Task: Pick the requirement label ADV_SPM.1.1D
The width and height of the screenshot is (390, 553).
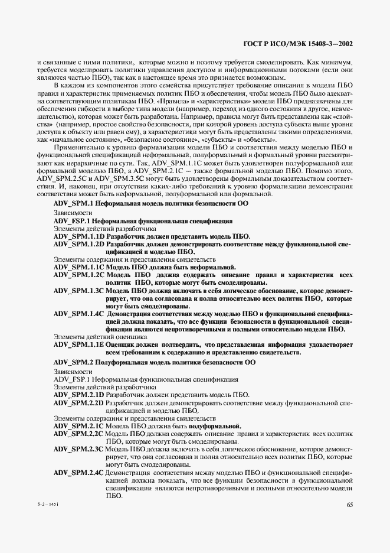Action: coord(78,236)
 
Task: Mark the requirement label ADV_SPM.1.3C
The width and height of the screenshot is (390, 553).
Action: coord(78,291)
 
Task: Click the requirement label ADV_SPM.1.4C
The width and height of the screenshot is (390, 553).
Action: coord(78,314)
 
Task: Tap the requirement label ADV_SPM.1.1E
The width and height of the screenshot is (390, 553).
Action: coord(78,344)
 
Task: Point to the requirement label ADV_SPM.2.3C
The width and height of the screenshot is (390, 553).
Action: coord(78,449)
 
